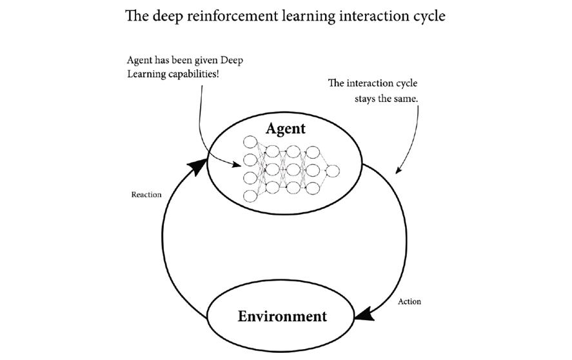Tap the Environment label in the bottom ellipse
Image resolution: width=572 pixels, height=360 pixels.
[282, 316]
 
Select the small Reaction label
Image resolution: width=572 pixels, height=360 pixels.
[146, 194]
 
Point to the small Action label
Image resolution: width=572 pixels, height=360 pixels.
[409, 301]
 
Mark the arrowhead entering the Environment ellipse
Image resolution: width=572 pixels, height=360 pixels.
[366, 314]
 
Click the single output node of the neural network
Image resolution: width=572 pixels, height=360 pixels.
[332, 170]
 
